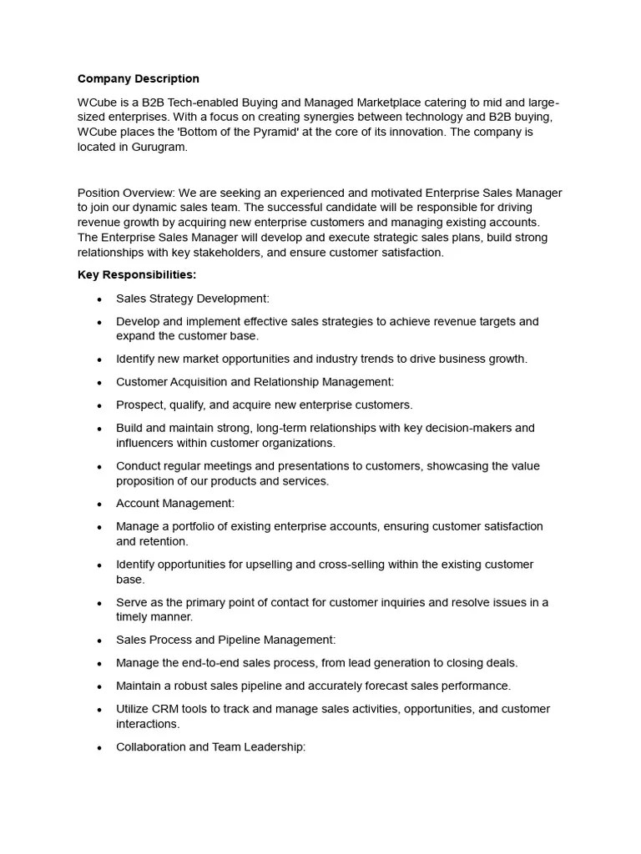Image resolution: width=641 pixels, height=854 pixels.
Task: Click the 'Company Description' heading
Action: click(x=139, y=79)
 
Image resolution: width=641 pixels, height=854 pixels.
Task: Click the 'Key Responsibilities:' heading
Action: click(x=137, y=275)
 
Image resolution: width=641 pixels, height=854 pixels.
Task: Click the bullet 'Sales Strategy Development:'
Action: click(x=193, y=299)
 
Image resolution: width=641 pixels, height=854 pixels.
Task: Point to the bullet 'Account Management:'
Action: click(x=175, y=504)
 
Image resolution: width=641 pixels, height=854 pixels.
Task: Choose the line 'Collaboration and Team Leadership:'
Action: click(x=211, y=747)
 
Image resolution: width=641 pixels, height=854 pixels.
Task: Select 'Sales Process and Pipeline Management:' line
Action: click(x=226, y=640)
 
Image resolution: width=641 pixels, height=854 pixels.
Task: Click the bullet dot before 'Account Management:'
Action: click(x=99, y=505)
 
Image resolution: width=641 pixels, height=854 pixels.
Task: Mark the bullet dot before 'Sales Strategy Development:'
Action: click(x=99, y=299)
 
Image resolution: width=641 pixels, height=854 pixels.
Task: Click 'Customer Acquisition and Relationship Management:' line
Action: click(x=255, y=382)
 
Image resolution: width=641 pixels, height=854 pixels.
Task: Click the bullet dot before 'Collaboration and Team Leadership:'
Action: click(x=99, y=748)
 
